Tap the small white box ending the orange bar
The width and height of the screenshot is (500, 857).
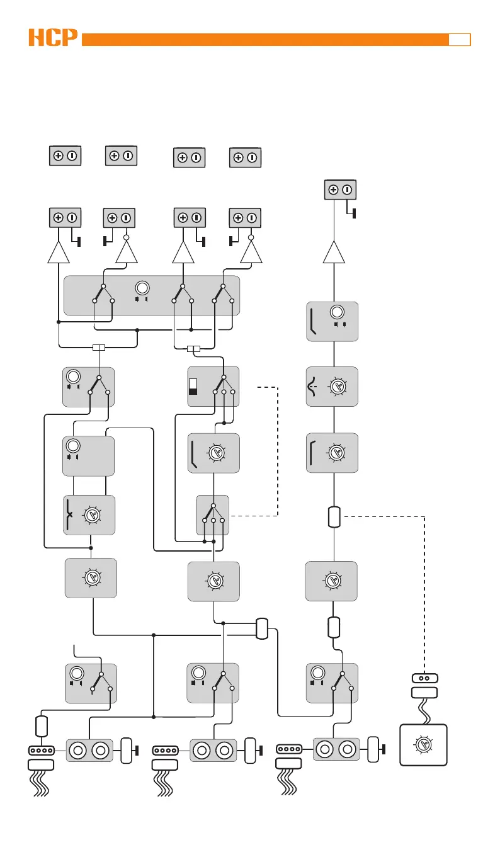coord(460,40)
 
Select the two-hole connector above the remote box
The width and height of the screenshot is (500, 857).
coord(424,678)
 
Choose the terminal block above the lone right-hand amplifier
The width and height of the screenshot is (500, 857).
coord(340,190)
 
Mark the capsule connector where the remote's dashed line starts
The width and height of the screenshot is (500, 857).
coord(334,517)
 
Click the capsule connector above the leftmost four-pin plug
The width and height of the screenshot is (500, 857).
coord(42,725)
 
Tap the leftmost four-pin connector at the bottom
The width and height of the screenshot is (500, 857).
coord(42,750)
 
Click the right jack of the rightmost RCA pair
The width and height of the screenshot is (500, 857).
coord(348,750)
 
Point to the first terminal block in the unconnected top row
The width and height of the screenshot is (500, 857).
coord(65,156)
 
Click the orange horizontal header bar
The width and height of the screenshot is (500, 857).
coord(264,40)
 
